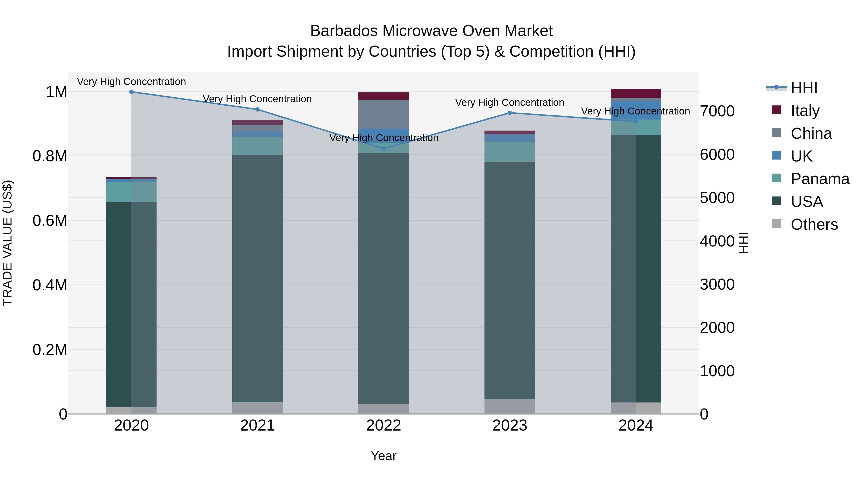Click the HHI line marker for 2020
pos(131,92)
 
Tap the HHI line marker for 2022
pos(384,149)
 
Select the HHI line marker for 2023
pos(510,113)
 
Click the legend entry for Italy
pos(805,111)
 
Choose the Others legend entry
pos(814,224)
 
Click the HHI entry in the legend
pos(804,88)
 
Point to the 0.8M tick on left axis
pos(50,156)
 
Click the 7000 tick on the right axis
pos(717,111)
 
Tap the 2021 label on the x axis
pos(257,425)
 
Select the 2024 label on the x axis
pos(636,425)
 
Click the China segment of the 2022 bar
pos(384,114)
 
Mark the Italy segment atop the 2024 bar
pos(636,93)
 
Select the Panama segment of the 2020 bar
pos(131,192)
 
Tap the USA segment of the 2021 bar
pos(257,278)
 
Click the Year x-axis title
pos(384,456)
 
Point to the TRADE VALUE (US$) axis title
pos(7,243)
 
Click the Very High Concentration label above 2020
pos(131,82)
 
